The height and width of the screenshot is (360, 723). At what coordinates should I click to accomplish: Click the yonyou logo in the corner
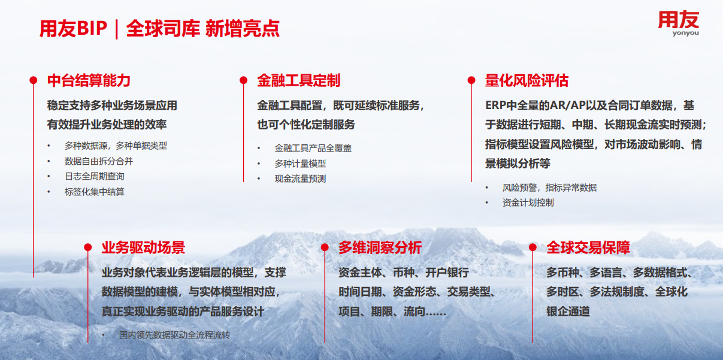[x=679, y=23]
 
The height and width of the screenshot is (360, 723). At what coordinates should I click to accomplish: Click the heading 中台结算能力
[x=89, y=80]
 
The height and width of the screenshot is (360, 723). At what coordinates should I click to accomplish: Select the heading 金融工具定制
[x=298, y=80]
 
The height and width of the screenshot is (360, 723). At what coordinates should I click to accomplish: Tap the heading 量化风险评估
[x=527, y=80]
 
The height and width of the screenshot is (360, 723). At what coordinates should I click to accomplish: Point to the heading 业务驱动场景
[x=143, y=247]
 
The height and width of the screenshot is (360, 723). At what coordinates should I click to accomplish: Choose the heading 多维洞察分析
[x=380, y=247]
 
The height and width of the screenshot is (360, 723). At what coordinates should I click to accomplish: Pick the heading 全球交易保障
[x=588, y=247]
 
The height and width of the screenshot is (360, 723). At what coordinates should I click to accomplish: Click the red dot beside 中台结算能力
[x=34, y=80]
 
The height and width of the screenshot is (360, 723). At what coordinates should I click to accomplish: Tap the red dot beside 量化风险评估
[x=471, y=80]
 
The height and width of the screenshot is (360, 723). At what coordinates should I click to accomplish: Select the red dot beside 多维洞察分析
[x=325, y=247]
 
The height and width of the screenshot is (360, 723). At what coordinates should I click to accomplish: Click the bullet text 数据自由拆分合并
[x=99, y=161]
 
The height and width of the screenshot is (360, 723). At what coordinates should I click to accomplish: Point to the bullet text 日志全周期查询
[x=95, y=176]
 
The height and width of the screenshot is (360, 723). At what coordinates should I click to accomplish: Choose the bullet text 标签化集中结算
[x=95, y=192]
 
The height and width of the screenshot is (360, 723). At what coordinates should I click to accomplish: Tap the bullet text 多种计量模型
[x=300, y=164]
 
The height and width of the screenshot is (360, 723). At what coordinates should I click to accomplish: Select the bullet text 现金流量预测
[x=300, y=179]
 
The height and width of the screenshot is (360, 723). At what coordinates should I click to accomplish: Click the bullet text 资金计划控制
[x=528, y=202]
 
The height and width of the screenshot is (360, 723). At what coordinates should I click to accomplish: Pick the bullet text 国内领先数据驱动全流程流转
[x=175, y=335]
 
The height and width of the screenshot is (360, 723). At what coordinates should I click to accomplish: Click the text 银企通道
[x=568, y=311]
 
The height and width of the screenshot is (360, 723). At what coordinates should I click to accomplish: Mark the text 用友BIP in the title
[x=73, y=28]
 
